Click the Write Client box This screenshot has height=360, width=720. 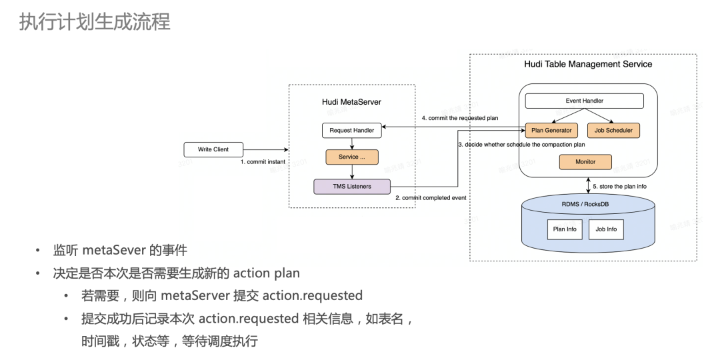[213, 149]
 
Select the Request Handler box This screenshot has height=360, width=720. [352, 130]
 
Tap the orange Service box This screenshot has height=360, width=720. [352, 157]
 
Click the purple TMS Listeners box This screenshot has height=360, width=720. [352, 187]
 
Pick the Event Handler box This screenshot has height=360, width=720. [584, 101]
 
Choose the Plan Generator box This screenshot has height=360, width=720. [551, 130]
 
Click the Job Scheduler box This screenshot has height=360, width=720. [613, 130]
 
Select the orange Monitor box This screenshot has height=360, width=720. [585, 161]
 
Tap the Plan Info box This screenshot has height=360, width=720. [565, 229]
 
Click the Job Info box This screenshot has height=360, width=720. [606, 229]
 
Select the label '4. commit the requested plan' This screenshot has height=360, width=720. [460, 119]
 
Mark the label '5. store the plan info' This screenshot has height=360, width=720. [620, 187]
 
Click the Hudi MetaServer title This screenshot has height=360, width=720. [351, 102]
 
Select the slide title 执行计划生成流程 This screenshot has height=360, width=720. [94, 22]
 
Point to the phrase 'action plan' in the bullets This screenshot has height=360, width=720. [267, 273]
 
